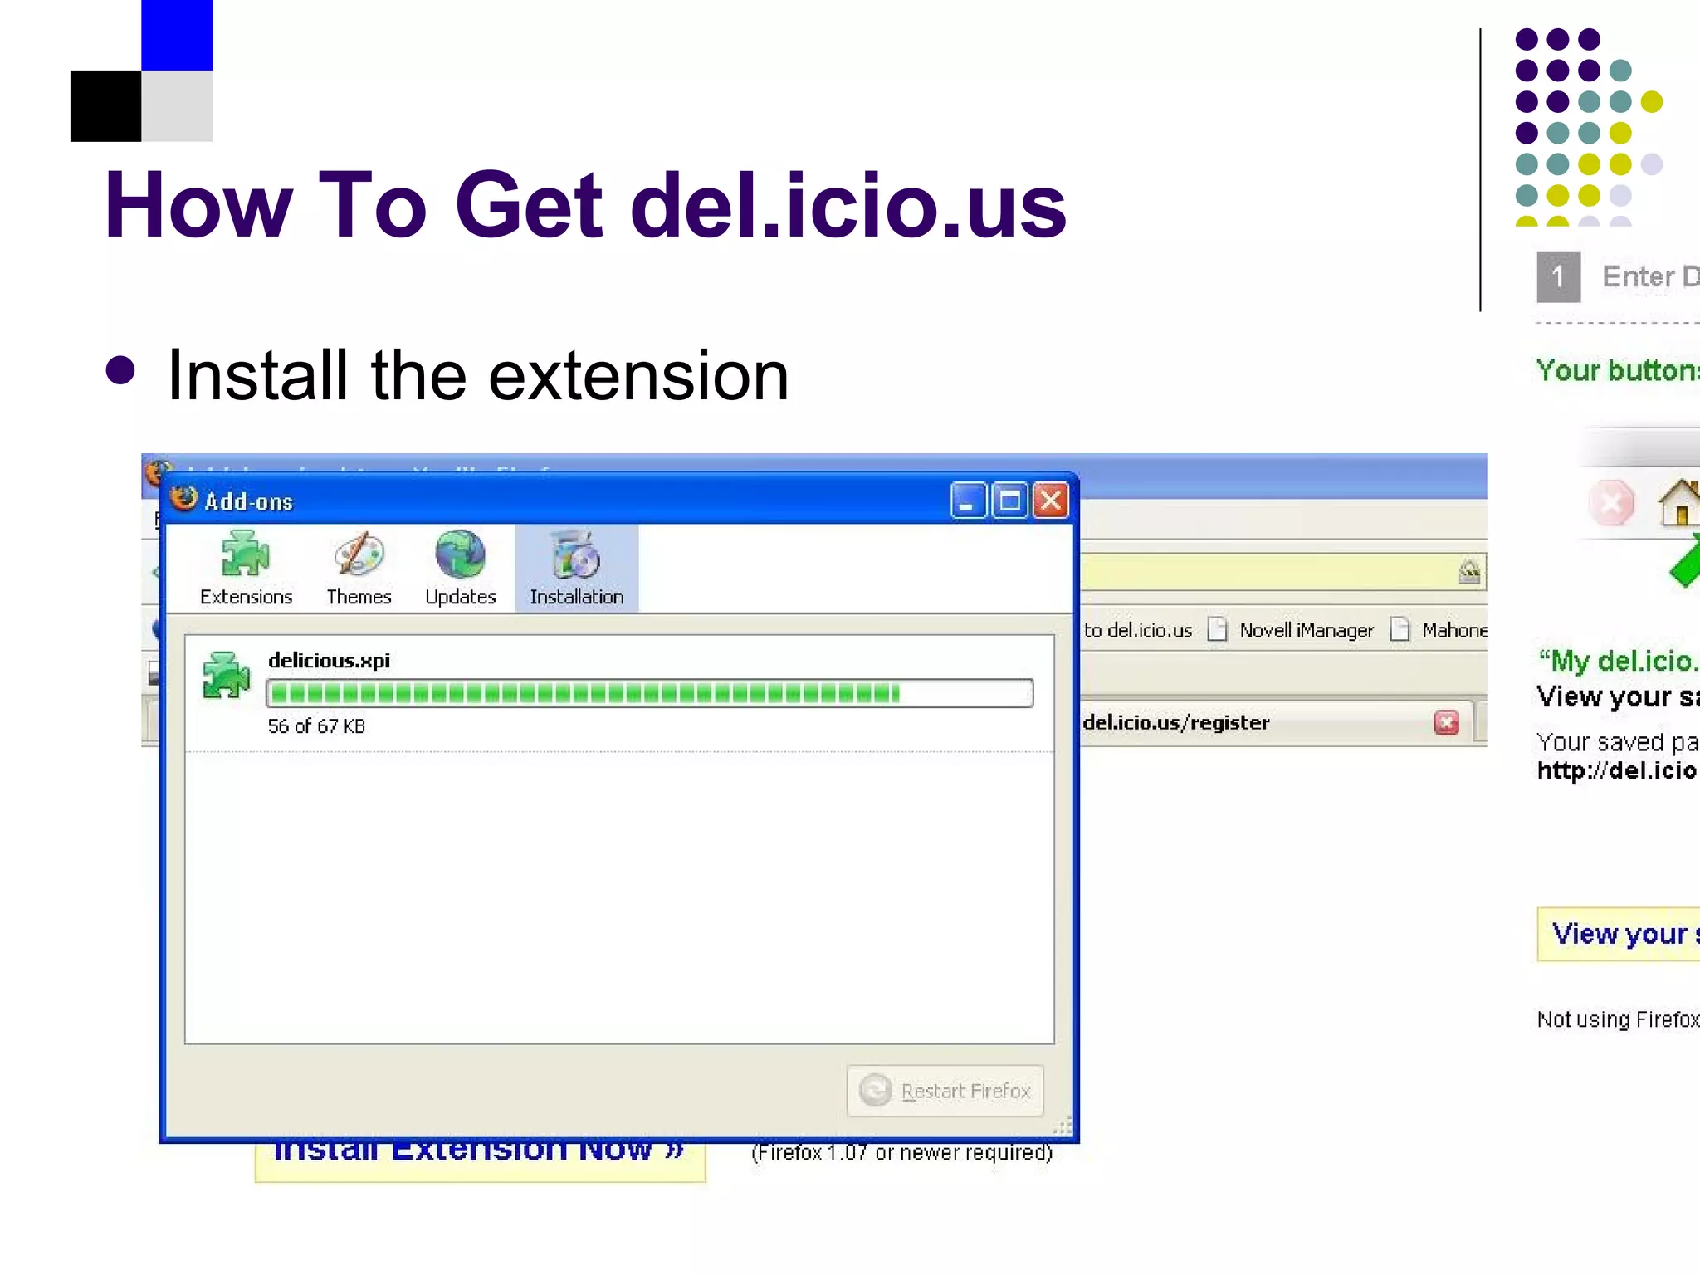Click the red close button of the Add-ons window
(1051, 501)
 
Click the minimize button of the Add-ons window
(968, 501)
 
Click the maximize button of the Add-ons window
(1009, 501)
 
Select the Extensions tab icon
(246, 555)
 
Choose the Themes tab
(359, 569)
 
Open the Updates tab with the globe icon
(460, 569)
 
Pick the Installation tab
(576, 569)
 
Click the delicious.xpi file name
(329, 661)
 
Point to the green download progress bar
(649, 693)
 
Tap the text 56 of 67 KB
(316, 726)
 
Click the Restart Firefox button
(945, 1090)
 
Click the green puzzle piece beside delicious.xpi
(226, 675)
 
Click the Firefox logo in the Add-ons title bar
(183, 499)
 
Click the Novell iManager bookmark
(1306, 631)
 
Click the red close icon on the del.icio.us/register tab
(1446, 723)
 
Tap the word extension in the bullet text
(638, 376)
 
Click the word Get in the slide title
(529, 205)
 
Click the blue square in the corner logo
(177, 35)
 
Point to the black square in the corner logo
(105, 106)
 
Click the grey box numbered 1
(1558, 276)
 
